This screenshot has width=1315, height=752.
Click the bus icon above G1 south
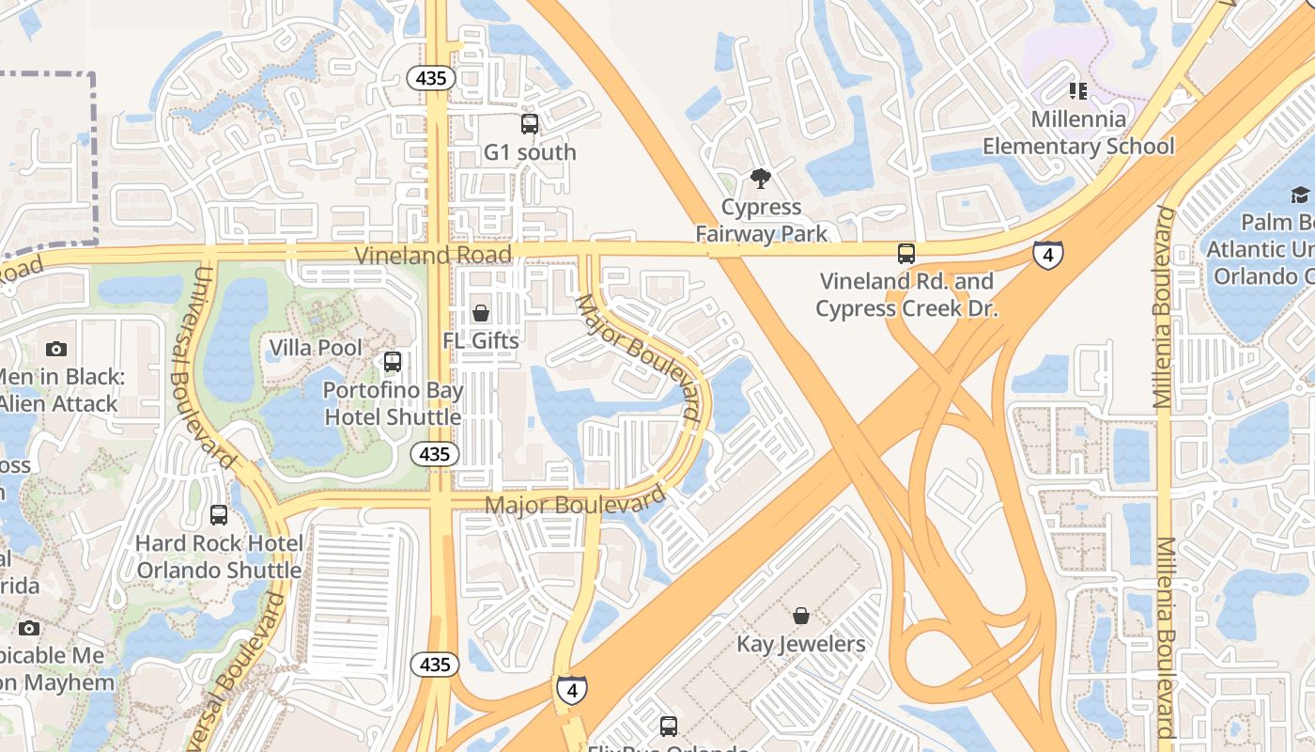coord(530,123)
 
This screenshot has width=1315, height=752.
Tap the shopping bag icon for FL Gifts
coord(481,313)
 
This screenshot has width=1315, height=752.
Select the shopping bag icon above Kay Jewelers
coord(801,616)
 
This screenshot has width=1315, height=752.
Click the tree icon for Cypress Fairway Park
coord(761,178)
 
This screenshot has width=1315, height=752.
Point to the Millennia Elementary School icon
coord(1077,91)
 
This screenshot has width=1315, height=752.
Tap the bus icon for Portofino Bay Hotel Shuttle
coord(393,361)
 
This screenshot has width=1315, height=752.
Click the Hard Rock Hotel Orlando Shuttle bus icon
coord(219,514)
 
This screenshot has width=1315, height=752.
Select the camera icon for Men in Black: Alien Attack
coord(56,349)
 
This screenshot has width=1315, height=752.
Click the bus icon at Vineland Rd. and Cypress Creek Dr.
coord(906,253)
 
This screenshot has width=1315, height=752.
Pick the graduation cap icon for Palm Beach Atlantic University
coord(1300,195)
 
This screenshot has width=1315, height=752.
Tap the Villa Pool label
coord(316,348)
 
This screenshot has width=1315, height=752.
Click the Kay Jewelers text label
coord(801,644)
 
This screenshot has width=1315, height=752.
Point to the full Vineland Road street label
coord(433,255)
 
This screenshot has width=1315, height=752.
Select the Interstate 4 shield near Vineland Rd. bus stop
coord(1048,254)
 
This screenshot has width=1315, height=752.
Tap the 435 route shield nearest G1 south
coord(431,78)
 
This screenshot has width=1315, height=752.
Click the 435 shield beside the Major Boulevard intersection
coord(435,454)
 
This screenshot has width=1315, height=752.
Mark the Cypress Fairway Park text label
coord(762,220)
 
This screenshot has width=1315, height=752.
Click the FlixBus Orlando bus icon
coord(669,726)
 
